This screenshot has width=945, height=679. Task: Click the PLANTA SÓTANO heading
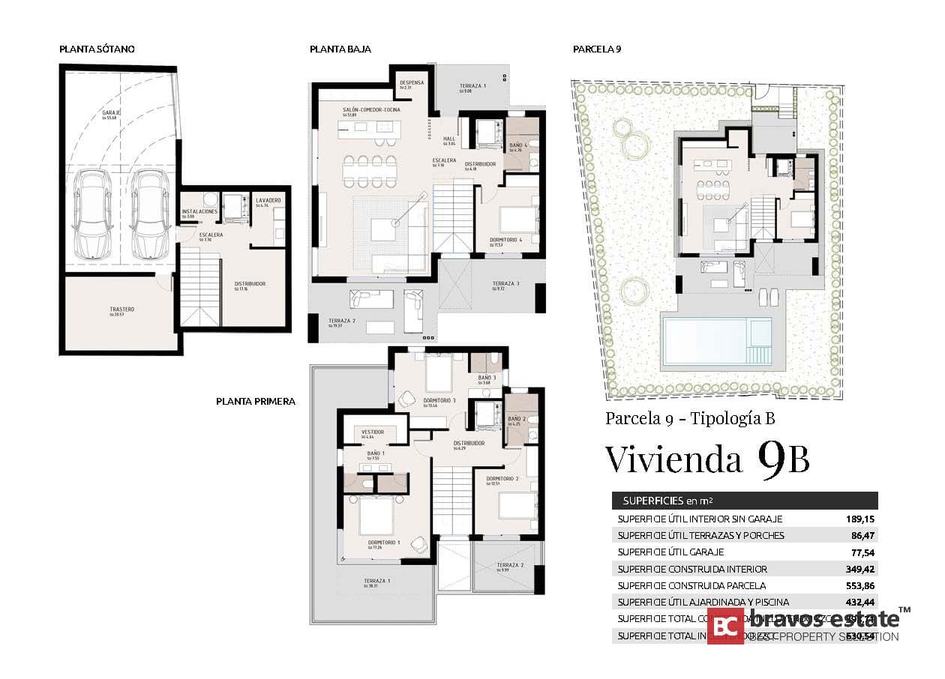(x=97, y=49)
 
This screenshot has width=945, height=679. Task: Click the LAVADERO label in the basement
(x=268, y=201)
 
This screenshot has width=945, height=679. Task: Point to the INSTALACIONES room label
(x=200, y=212)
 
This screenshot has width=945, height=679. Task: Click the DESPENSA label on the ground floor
(x=412, y=83)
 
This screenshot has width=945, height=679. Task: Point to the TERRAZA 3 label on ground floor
(x=505, y=284)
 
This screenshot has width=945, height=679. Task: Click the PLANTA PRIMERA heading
(x=255, y=402)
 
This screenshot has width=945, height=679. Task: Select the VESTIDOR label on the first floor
(x=373, y=432)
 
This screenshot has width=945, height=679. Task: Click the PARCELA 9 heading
(x=597, y=49)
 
